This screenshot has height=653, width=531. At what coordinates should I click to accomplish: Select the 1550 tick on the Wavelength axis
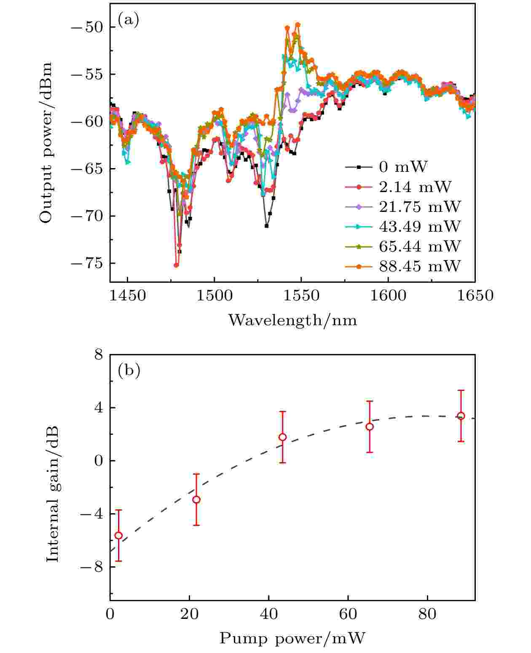click(301, 295)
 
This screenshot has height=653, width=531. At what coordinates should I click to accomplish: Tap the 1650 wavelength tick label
click(474, 295)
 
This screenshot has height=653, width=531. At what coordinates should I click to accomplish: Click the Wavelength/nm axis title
click(292, 321)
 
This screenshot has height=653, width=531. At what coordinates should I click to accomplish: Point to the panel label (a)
click(128, 20)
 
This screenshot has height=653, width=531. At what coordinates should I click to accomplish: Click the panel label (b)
click(129, 370)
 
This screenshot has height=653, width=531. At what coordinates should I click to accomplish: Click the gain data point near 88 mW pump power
click(461, 416)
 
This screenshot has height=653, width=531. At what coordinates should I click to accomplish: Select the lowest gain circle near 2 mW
click(118, 535)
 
